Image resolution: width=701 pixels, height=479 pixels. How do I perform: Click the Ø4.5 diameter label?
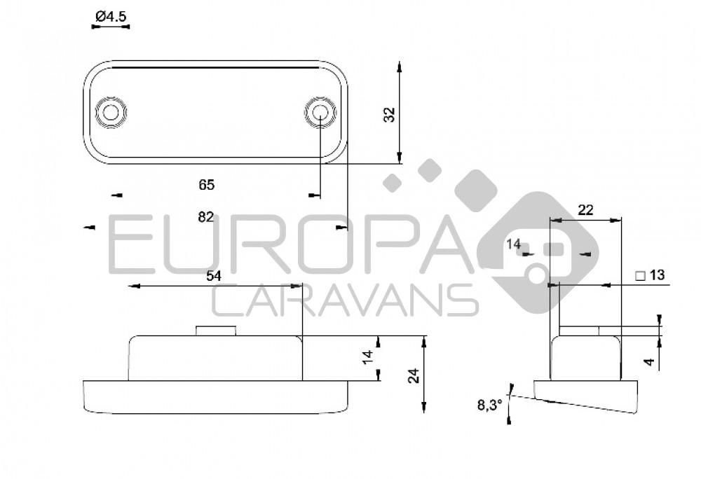pos(111,15)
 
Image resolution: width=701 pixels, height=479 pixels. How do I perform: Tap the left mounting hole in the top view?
pos(111,112)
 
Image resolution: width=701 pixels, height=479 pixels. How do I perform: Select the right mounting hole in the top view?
pos(320,112)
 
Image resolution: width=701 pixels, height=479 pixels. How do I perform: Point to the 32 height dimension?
pos(390,114)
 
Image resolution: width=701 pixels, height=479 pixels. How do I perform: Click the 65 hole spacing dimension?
pos(206,185)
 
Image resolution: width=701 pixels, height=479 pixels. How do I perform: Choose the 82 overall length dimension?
pos(205,217)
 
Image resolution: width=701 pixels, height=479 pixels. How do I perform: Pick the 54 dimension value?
pos(214,276)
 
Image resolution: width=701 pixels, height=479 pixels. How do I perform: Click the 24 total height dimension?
pos(414,375)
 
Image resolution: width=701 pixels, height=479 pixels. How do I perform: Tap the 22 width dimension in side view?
pos(585,209)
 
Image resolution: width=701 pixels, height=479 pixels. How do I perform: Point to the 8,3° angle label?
pos(489,405)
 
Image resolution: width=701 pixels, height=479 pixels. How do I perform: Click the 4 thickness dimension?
pos(649,362)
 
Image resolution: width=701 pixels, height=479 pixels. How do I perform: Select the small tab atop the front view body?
pos(215,330)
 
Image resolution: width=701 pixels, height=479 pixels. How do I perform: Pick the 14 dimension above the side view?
pos(514,244)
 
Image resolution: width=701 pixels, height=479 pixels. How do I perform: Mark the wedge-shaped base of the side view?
pos(585,395)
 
